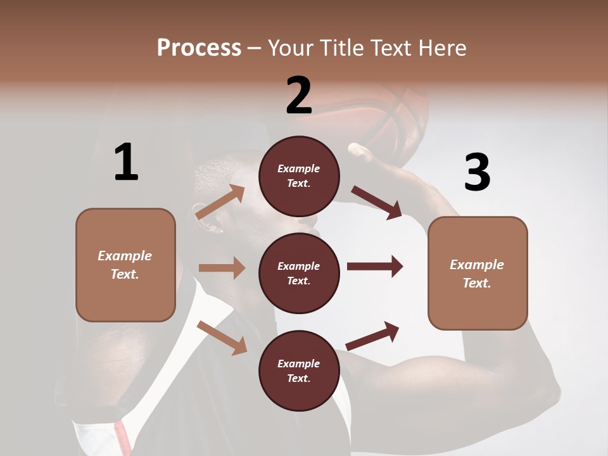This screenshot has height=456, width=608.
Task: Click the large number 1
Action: [126, 162]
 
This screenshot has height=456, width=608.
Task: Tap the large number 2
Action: [299, 96]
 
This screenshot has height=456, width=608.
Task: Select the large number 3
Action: [477, 172]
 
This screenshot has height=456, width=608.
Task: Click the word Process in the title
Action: [199, 48]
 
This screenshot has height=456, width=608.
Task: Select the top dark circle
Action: [299, 176]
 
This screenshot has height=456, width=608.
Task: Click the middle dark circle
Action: [299, 273]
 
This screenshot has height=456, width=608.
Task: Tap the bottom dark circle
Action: [299, 370]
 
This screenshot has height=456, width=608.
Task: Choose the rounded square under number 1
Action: [125, 265]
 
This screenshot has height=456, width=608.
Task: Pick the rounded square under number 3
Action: [478, 273]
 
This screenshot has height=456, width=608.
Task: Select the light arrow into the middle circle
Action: [222, 268]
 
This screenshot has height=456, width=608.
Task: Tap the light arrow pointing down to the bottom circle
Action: [222, 338]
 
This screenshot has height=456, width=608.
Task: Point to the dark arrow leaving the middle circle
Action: [375, 266]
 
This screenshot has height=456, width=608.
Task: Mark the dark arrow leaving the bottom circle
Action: [373, 336]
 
